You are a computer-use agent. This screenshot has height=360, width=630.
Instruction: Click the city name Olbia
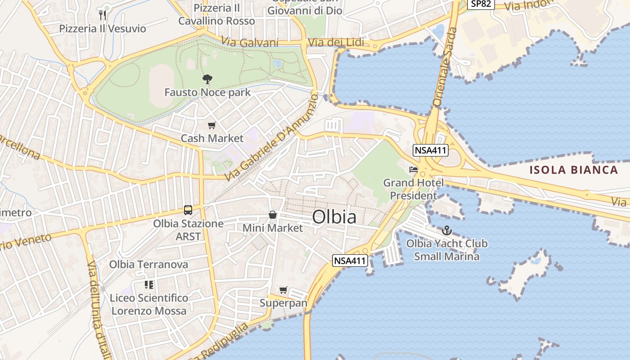click(x=334, y=217)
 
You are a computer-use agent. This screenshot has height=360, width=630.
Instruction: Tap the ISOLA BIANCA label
click(x=573, y=170)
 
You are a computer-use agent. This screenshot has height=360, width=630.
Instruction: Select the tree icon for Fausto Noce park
click(x=207, y=80)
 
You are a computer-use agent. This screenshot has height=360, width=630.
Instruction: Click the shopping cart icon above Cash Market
click(x=211, y=126)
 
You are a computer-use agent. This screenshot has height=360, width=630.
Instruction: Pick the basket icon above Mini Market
click(x=273, y=215)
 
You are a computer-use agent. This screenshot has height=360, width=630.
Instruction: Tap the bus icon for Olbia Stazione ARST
click(x=188, y=210)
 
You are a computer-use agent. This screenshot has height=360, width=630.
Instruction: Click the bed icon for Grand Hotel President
click(x=413, y=170)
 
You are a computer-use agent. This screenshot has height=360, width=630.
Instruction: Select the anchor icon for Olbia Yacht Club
click(x=446, y=231)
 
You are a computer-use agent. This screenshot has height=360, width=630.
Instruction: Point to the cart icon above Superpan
click(x=283, y=290)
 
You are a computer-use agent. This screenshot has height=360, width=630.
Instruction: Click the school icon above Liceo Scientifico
click(x=149, y=285)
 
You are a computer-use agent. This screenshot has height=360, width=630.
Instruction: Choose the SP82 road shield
click(x=481, y=4)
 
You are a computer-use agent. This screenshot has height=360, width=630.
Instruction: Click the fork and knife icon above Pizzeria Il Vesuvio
click(x=103, y=15)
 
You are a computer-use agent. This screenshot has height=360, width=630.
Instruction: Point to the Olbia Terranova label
click(x=148, y=265)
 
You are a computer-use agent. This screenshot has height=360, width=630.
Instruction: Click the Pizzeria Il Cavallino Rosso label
click(x=216, y=14)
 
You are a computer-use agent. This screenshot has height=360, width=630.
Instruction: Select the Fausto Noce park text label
click(x=207, y=93)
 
